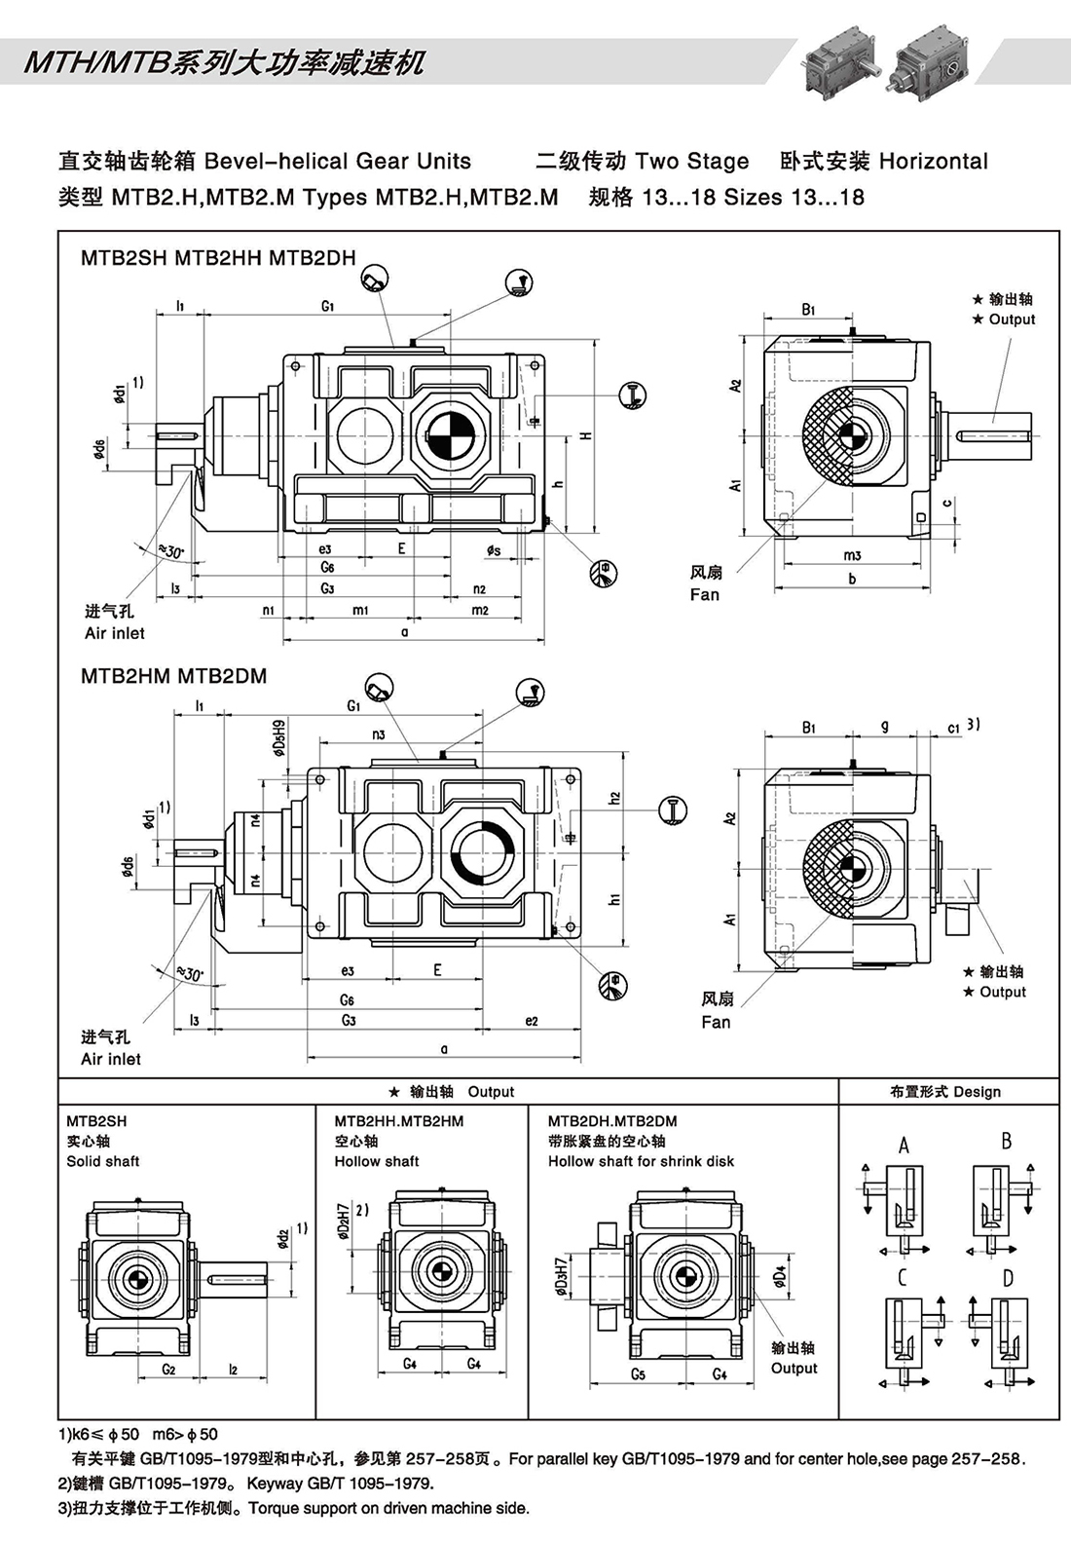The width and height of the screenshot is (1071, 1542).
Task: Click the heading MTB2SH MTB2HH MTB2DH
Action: (218, 258)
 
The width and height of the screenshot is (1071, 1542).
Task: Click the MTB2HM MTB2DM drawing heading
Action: (173, 676)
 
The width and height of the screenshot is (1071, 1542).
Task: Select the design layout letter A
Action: (904, 1146)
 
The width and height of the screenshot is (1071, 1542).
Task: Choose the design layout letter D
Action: (1008, 1277)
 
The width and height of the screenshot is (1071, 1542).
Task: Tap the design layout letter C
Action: (903, 1277)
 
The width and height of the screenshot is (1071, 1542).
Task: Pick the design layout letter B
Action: (1007, 1140)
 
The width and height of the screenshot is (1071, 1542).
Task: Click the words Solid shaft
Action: (102, 1161)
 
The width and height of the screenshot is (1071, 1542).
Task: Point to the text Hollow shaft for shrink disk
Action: (641, 1161)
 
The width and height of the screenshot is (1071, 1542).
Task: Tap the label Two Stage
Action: (691, 162)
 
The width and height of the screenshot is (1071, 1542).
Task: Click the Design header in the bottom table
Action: (977, 1092)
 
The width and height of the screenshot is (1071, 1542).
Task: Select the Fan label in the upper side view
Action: (705, 594)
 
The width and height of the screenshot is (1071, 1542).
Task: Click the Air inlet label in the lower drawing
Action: (111, 1059)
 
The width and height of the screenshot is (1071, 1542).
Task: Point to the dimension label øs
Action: (495, 550)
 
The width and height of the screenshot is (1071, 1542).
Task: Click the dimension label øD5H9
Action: (279, 738)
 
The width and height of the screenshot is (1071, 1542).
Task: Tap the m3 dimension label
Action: (852, 555)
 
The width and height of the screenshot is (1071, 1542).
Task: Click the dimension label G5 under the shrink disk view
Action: (638, 1374)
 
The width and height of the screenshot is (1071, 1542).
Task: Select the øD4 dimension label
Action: (779, 1276)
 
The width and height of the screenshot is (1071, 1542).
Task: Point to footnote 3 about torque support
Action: (292, 1508)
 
